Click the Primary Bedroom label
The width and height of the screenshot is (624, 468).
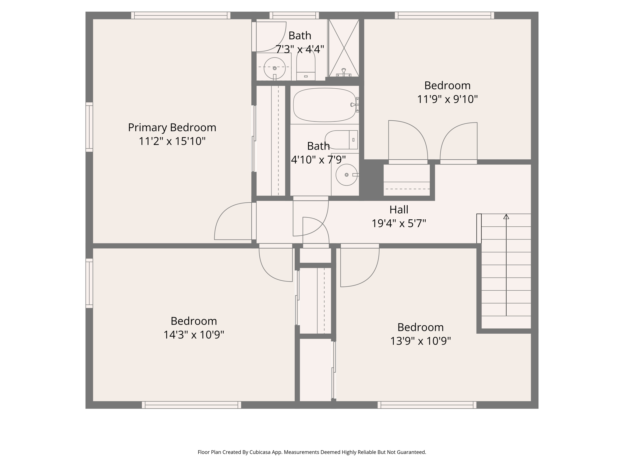(172, 127)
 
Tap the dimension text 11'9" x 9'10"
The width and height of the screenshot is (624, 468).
(447, 99)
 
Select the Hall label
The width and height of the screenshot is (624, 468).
(399, 210)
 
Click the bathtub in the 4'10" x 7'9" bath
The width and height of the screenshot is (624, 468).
(324, 105)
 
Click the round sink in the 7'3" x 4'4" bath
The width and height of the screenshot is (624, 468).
(275, 68)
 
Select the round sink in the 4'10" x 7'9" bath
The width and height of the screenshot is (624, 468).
(346, 175)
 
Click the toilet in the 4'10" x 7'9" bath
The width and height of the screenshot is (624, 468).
(341, 140)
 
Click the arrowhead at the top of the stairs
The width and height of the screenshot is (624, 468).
(506, 217)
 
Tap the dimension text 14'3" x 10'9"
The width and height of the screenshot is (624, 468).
(194, 335)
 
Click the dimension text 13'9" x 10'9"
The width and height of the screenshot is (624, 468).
(420, 341)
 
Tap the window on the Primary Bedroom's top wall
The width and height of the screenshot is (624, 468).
(181, 16)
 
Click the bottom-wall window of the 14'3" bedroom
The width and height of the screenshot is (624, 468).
(191, 405)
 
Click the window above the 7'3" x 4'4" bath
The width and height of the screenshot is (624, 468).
(294, 16)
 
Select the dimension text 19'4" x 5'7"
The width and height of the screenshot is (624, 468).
(399, 224)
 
